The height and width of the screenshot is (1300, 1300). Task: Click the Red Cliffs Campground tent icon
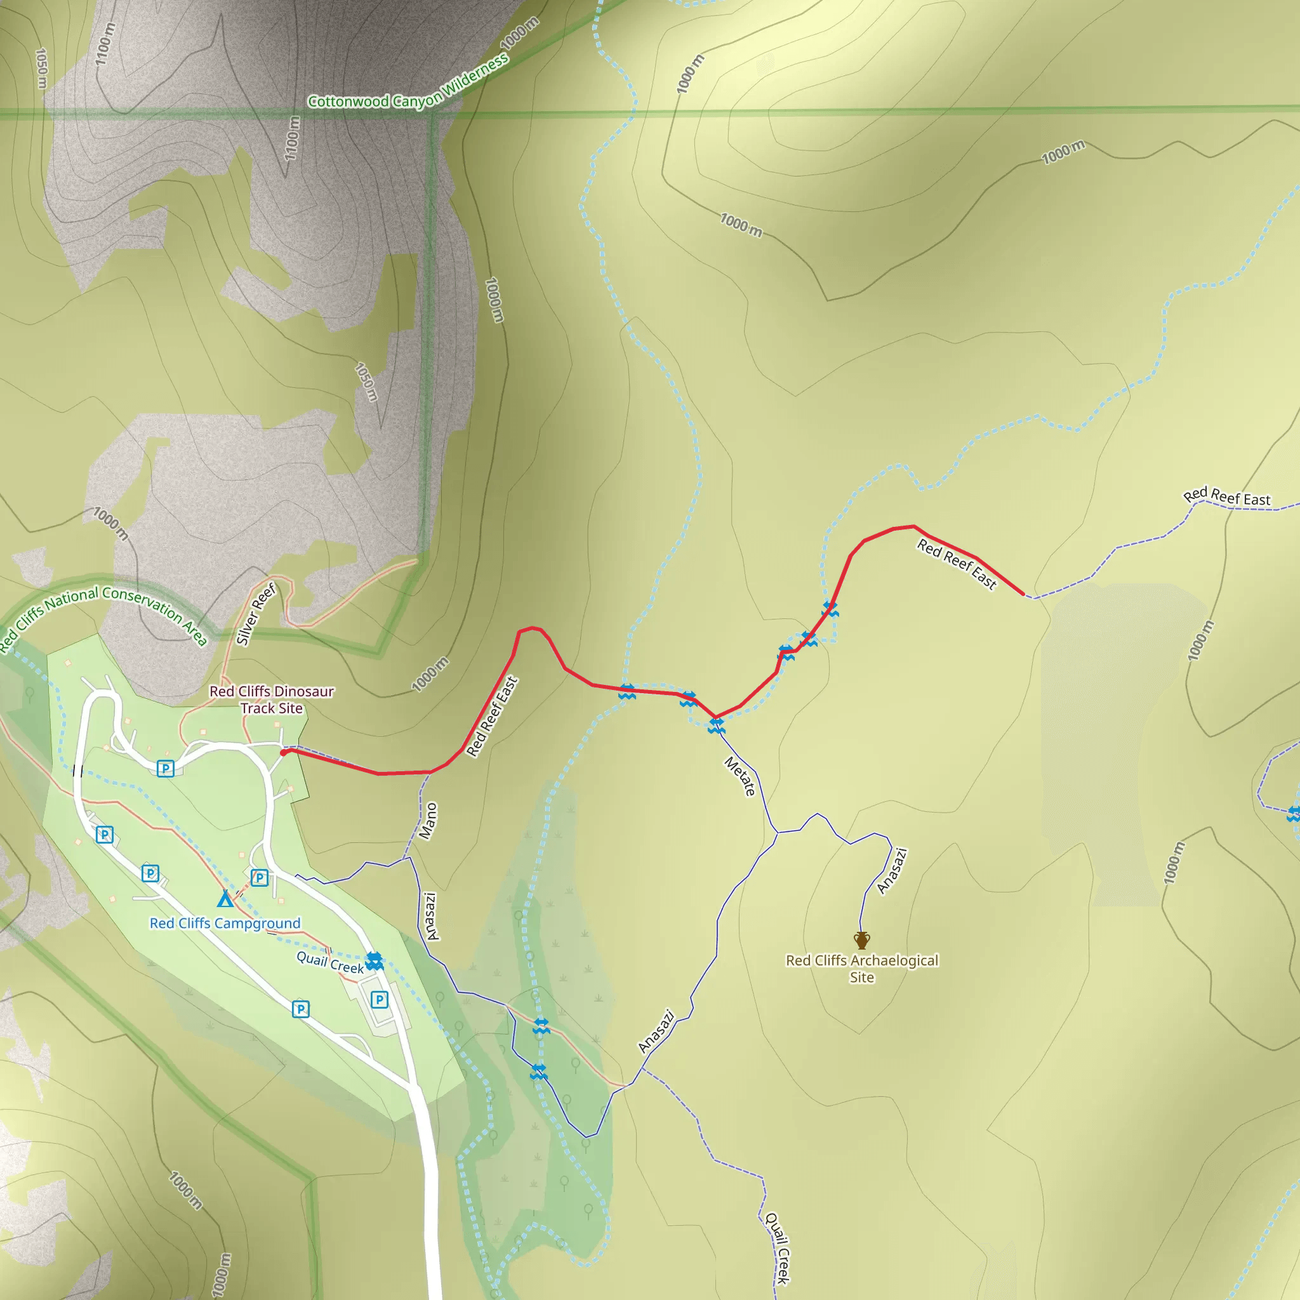225,899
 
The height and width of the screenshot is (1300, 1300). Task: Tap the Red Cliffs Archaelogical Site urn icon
862,940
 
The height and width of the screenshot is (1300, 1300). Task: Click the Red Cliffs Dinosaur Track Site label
271,700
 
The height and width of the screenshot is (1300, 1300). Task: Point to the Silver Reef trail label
256,614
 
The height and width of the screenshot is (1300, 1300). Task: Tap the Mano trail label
428,821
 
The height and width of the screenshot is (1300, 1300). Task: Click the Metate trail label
740,776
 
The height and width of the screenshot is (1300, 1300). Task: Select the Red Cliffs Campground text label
225,923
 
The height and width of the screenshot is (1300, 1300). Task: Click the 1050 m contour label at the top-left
41,68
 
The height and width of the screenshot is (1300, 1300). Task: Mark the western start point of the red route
284,752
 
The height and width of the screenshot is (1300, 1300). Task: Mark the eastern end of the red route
1023,594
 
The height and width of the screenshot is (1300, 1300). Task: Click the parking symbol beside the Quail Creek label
380,999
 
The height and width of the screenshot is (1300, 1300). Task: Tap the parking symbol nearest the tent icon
259,877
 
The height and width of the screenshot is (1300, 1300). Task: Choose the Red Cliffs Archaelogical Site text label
862,969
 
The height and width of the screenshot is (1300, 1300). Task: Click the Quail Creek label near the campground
330,962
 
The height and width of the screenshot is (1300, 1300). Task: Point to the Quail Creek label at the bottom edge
777,1248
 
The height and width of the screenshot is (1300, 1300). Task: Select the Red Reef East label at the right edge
1226,497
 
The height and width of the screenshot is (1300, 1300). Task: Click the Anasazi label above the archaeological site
892,871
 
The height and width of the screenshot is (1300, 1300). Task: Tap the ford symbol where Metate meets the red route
716,726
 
